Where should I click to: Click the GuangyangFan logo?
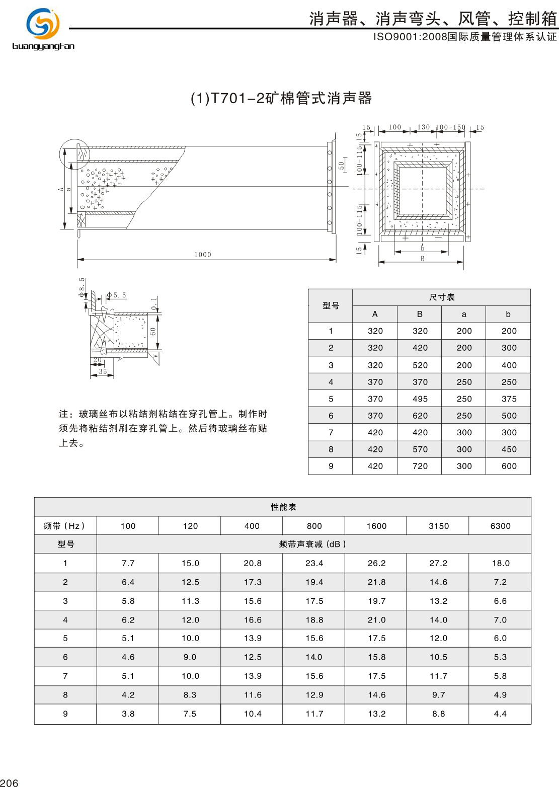point(43,29)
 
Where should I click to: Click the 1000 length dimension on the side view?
point(203,255)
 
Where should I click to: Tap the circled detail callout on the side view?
point(74,154)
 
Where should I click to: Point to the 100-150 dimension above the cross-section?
point(450,127)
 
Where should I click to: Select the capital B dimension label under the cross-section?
point(422,259)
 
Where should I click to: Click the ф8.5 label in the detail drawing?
point(82,287)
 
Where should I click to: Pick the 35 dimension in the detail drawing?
point(103,371)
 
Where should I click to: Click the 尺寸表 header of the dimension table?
point(442,297)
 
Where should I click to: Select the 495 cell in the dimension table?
point(420,399)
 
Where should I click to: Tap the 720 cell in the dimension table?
point(420,466)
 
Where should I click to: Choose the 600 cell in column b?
point(509,466)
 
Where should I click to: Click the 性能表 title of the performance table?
point(283,507)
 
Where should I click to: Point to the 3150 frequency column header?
point(438,526)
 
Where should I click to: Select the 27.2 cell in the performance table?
point(438,564)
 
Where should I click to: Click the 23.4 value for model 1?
point(314,564)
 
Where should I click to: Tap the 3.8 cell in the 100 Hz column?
point(128,714)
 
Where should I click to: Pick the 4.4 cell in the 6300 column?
point(500,714)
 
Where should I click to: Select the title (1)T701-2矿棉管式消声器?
point(281,98)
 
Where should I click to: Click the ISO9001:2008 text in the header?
point(410,37)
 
